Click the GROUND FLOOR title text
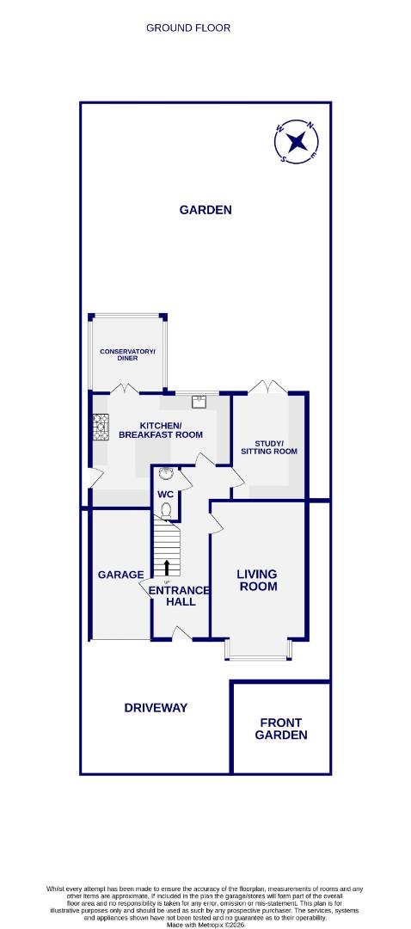[188, 28]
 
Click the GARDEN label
[205, 209]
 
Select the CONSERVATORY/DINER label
[127, 354]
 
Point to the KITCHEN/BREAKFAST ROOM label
[161, 430]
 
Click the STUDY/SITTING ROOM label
[268, 447]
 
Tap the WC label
[165, 495]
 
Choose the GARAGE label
[120, 575]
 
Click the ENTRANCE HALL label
[181, 595]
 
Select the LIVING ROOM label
[258, 580]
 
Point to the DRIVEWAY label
[156, 707]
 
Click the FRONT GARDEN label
[281, 729]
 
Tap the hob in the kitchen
[100, 426]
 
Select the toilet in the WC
[166, 511]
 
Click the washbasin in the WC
[166, 473]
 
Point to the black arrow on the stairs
[167, 566]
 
